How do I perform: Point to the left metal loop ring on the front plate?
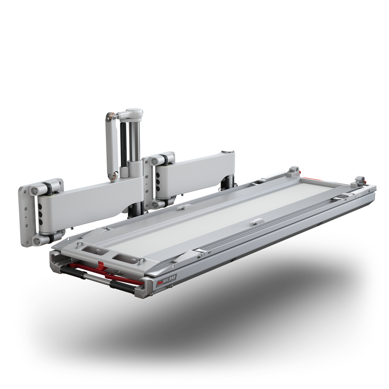tap(77, 245)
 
